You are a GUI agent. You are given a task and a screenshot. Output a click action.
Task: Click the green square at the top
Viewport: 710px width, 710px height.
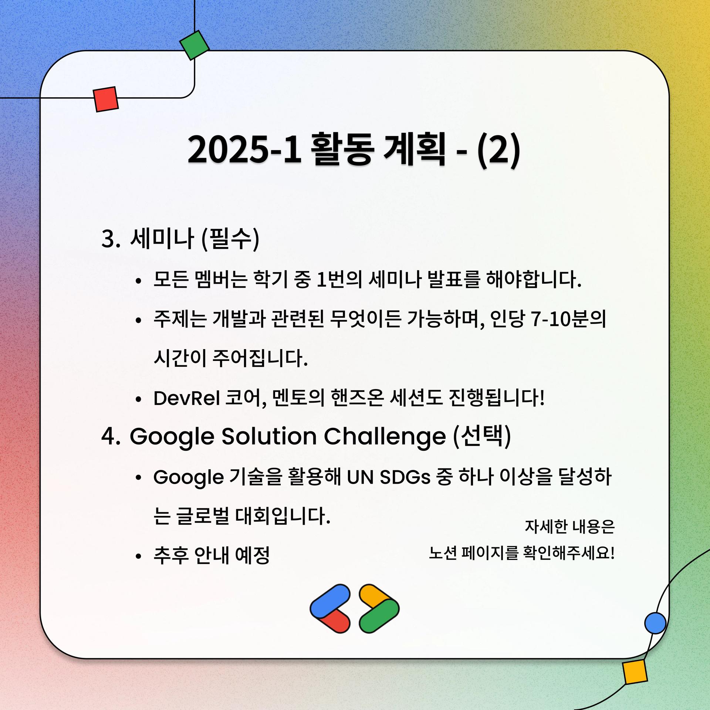click(195, 45)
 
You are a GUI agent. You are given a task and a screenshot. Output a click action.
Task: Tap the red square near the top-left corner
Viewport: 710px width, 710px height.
click(106, 99)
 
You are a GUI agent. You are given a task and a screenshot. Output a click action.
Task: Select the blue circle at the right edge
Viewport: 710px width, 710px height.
click(655, 623)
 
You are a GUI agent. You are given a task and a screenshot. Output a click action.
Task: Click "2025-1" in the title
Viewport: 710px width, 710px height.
click(244, 151)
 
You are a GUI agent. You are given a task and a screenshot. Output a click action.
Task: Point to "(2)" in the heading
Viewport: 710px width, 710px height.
click(499, 151)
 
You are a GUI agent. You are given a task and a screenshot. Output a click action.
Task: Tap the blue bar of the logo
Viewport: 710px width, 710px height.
click(330, 601)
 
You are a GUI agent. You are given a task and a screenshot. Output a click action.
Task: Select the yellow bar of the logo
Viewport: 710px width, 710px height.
click(374, 596)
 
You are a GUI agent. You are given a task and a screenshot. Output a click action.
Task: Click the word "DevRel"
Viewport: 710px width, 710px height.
click(187, 398)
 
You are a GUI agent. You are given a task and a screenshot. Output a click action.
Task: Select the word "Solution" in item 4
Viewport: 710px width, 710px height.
click(269, 436)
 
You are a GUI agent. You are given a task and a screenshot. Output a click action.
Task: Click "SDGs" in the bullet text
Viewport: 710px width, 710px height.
click(405, 477)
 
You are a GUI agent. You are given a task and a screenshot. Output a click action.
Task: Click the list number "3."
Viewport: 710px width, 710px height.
click(111, 239)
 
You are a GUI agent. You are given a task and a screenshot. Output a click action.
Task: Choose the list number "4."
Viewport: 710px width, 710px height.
click(111, 437)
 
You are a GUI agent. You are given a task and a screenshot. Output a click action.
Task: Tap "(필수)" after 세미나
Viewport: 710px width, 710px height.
click(230, 239)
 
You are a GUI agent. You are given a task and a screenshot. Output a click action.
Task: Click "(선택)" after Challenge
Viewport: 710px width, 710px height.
click(481, 436)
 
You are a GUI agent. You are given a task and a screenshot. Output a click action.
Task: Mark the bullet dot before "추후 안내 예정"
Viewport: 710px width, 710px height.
click(139, 557)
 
